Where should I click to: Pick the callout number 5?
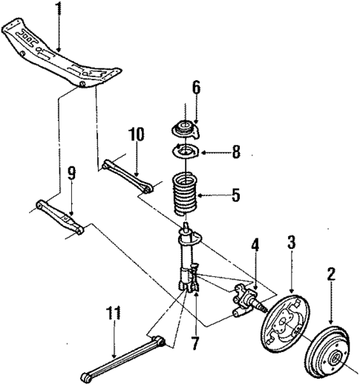point(235,196)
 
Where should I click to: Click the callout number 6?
point(196,88)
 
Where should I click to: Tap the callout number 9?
point(71,175)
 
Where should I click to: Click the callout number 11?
point(114,316)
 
